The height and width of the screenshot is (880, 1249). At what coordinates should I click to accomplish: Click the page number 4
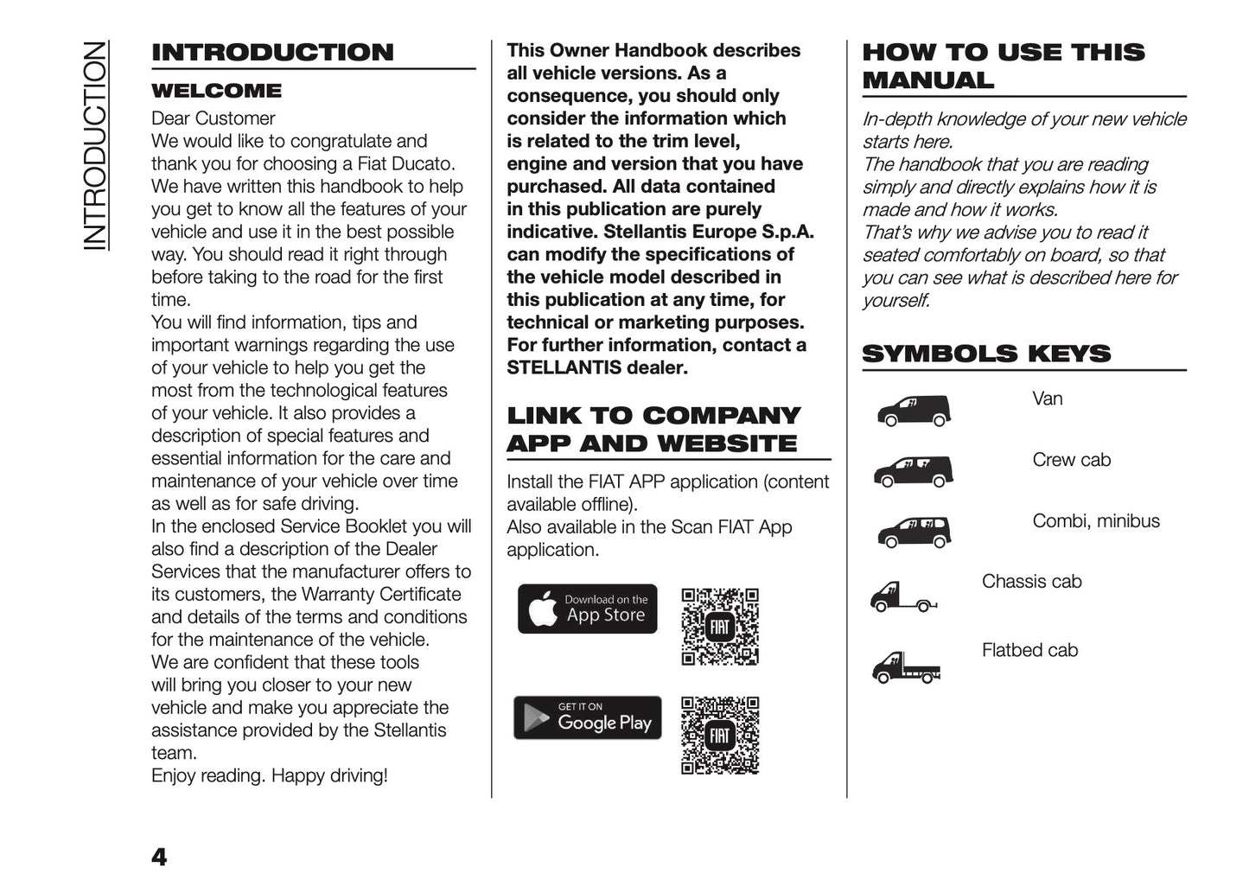tap(159, 857)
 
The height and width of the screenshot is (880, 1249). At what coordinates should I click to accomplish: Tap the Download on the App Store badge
tap(588, 609)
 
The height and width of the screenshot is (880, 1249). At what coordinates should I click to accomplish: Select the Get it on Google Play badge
tap(588, 717)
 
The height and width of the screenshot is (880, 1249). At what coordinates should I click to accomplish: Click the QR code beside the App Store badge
tap(719, 627)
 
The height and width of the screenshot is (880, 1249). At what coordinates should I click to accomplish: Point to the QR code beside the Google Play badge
tap(719, 735)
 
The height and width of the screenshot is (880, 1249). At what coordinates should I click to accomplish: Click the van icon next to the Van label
tap(914, 411)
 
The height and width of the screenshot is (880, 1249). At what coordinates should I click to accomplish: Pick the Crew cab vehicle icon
tap(913, 471)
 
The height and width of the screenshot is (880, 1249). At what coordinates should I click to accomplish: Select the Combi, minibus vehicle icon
tap(914, 532)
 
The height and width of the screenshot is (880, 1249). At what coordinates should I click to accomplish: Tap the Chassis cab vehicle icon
tap(903, 597)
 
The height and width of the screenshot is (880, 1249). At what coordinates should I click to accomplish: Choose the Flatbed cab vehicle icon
tap(905, 666)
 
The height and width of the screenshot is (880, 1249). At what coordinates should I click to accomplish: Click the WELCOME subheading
tap(216, 91)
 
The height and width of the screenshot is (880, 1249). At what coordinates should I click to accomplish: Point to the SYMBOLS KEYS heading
tap(986, 354)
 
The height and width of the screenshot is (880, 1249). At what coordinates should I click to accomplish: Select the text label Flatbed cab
tap(1029, 650)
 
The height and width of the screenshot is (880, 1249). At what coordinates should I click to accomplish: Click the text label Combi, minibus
tap(1096, 520)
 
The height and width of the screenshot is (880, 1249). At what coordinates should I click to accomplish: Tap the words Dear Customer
tap(213, 118)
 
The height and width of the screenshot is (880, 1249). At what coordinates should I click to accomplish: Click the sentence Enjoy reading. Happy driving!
tap(269, 775)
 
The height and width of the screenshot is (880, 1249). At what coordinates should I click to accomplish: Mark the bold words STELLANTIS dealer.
tap(596, 367)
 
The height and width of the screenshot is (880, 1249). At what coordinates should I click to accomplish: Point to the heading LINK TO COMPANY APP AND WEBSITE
tap(653, 429)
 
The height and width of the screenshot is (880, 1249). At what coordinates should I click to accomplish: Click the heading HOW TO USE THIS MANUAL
tap(1003, 66)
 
